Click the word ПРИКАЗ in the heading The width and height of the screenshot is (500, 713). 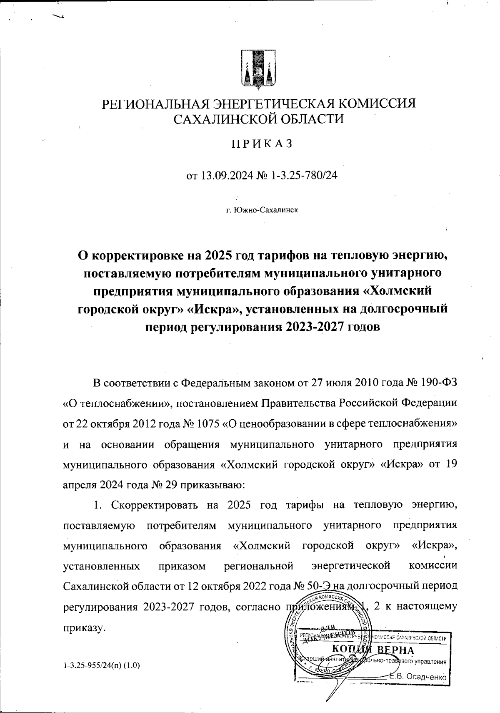[x=262, y=144]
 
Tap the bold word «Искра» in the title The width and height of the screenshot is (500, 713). [x=213, y=309]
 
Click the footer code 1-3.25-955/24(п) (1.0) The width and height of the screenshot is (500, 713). [x=101, y=665]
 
